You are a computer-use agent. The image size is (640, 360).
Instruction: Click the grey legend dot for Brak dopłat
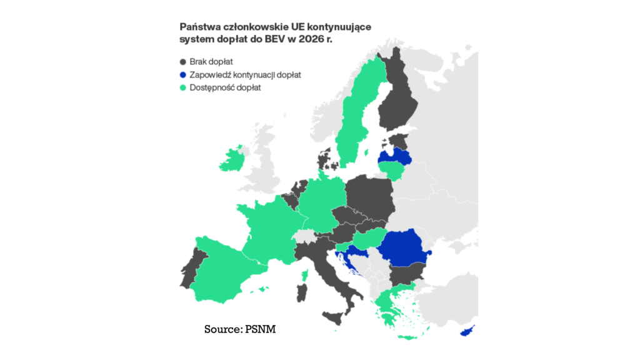(x=183, y=62)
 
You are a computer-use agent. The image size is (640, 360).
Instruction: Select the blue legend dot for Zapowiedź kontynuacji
(x=183, y=75)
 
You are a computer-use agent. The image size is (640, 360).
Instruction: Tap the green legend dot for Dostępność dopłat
(x=183, y=88)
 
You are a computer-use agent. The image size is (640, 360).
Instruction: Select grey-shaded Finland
(x=398, y=100)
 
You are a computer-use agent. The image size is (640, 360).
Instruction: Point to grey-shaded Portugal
(x=199, y=266)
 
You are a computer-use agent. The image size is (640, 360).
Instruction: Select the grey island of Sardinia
(x=303, y=293)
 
